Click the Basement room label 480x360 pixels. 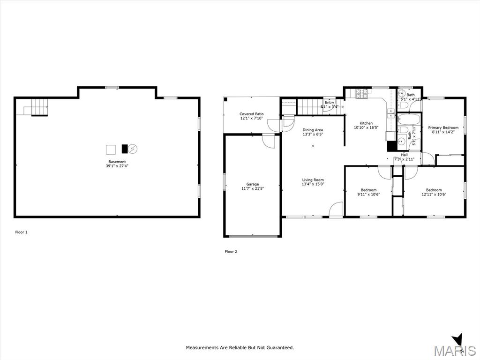coord(117,162)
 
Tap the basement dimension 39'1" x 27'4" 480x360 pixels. coord(117,166)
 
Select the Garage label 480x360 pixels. coord(253,184)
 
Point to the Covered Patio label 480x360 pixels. coord(252,114)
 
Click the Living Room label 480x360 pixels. coord(313,180)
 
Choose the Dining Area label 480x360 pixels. coord(313,130)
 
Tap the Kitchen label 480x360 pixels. coord(366,123)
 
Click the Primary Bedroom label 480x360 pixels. coord(443,127)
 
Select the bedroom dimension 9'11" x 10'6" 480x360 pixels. coord(368,194)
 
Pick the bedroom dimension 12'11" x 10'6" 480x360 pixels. coord(434,194)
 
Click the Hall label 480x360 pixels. coord(404,155)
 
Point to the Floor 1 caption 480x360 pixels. coord(22,232)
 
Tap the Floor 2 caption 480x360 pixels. coord(231,252)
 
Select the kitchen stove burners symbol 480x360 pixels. coord(362,94)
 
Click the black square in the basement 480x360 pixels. coord(124,149)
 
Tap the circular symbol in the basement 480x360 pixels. coord(133,149)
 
